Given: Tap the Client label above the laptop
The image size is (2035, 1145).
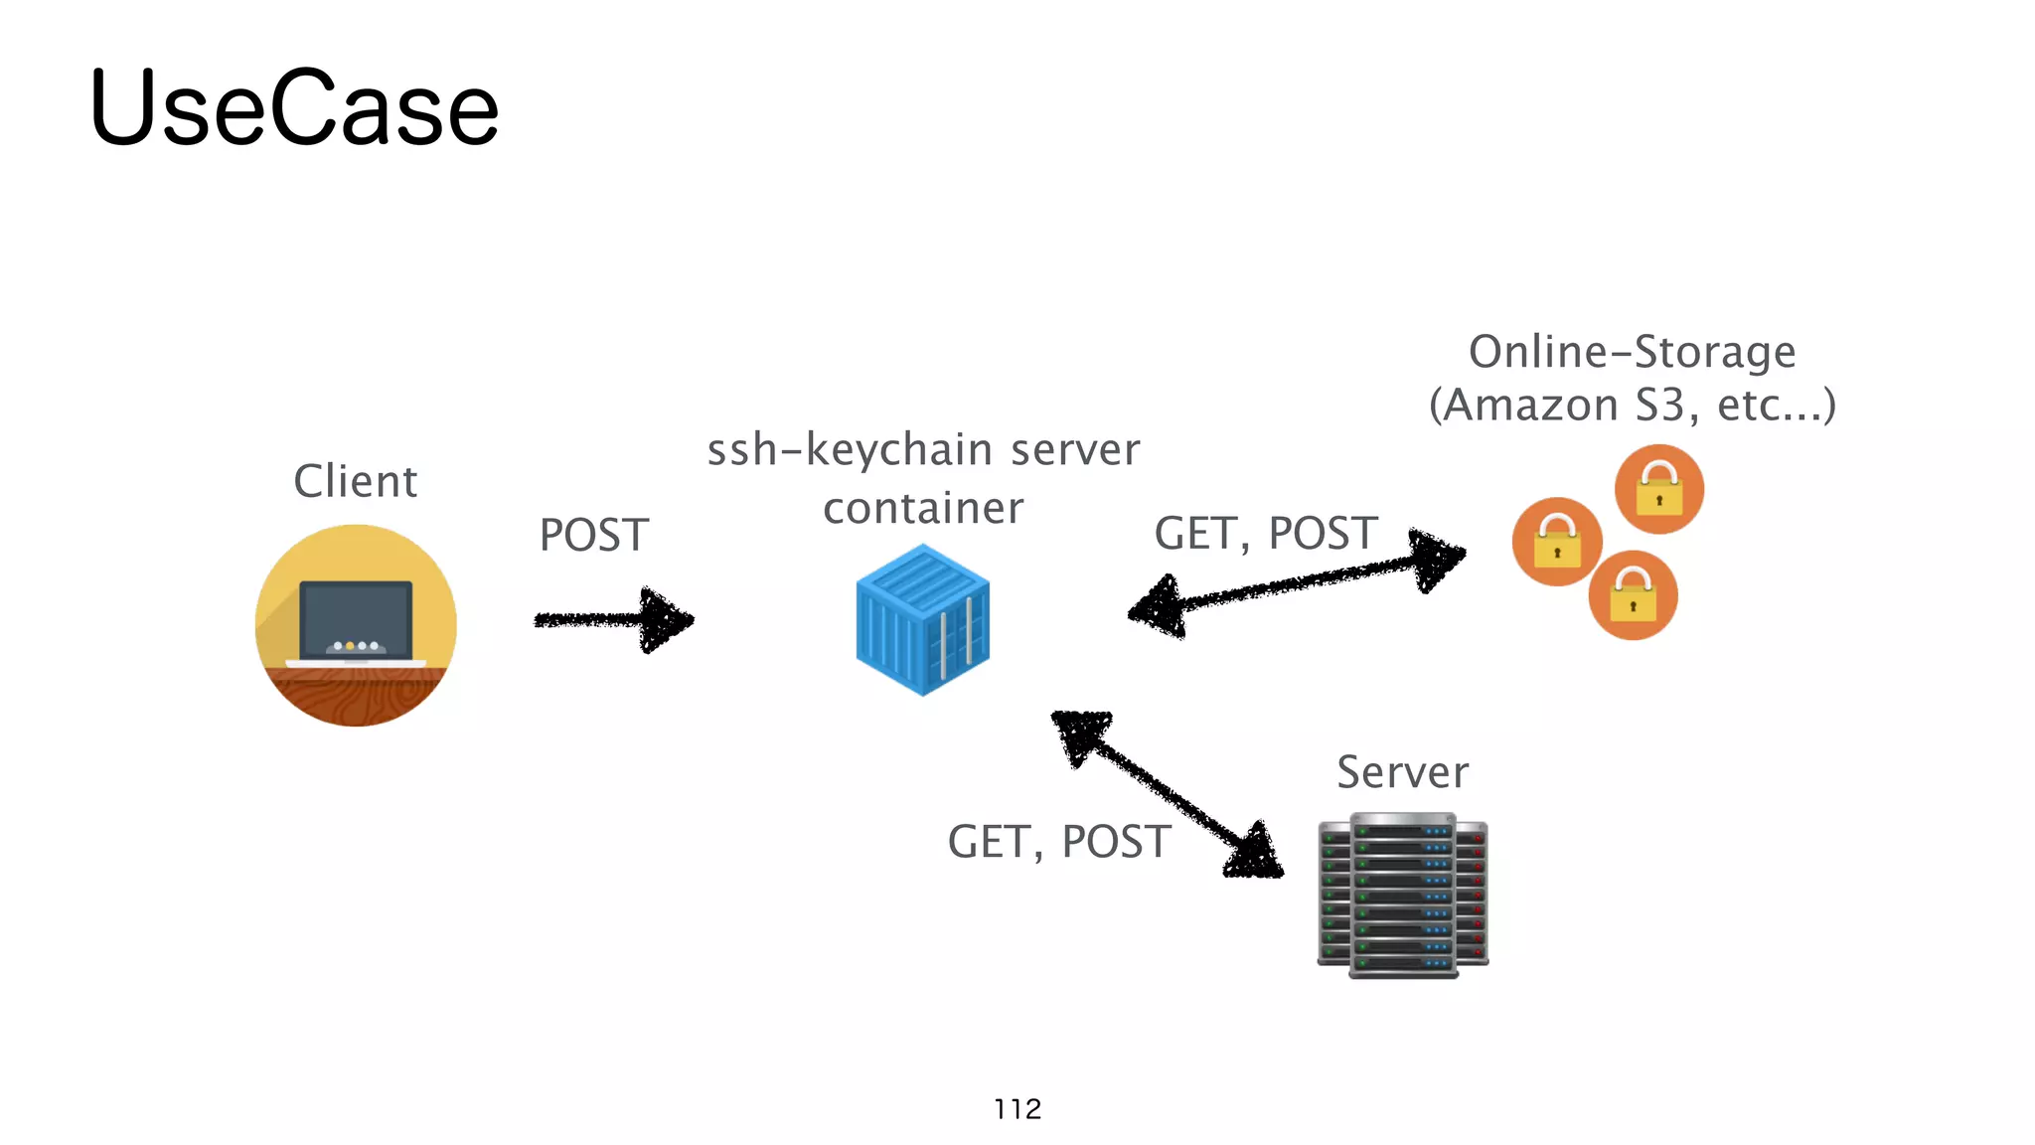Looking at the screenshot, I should coord(355,481).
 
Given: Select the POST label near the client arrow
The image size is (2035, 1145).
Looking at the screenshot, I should coord(594,535).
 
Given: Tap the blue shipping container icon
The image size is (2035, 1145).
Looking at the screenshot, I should coord(922,618).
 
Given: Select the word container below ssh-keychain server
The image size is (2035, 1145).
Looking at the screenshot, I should coord(923,508).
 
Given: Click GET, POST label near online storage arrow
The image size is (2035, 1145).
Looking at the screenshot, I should coord(1265,534).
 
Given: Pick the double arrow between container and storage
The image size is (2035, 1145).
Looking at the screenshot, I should coord(1297,583).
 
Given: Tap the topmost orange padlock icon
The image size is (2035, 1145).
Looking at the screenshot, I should coord(1658,489).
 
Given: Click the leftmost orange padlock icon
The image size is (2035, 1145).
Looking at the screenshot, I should coord(1556,542).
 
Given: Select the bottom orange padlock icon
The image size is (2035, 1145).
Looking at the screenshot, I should coord(1633,595).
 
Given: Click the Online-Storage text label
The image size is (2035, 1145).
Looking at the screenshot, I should coord(1632,352).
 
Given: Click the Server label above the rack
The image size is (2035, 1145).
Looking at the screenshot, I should coord(1402,772).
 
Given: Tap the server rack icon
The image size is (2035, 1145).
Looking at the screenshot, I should coord(1402,896).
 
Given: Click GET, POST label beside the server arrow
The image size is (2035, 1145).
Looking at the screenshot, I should coord(1059,842).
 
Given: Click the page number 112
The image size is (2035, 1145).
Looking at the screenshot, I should coord(1017,1109).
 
